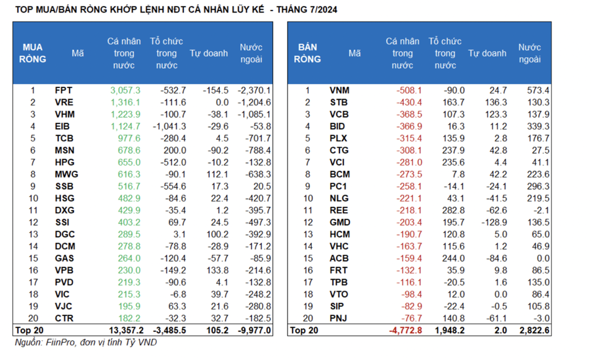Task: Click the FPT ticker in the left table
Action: (64, 90)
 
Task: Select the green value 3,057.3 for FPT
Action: (125, 90)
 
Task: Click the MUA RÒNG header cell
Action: (33, 53)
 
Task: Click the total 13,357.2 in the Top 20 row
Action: (122, 330)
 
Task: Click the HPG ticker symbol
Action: (65, 162)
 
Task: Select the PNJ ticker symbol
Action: (339, 318)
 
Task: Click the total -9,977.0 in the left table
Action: (255, 330)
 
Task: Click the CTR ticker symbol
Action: (65, 318)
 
